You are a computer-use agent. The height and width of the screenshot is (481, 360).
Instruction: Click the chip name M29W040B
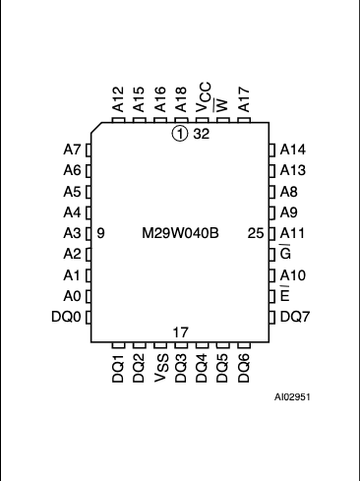(180, 233)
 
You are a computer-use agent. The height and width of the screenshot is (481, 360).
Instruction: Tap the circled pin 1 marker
(180, 134)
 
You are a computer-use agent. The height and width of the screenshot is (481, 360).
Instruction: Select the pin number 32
(201, 134)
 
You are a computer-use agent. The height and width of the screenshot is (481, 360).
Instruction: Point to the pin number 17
(180, 332)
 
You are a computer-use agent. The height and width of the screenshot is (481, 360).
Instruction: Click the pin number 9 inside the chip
(101, 233)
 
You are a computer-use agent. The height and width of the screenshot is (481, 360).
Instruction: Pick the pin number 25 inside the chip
(256, 233)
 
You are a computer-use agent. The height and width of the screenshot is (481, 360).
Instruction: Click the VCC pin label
(204, 97)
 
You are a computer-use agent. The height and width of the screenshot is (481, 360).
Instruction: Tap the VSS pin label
(161, 368)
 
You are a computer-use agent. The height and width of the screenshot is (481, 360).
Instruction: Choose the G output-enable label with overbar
(285, 253)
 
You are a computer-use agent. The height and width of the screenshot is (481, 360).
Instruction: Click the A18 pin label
(181, 99)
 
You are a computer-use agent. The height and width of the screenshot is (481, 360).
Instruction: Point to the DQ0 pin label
(66, 317)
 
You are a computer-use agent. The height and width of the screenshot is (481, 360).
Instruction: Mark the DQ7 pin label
(295, 317)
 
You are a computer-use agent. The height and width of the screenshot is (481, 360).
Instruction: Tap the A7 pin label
(72, 150)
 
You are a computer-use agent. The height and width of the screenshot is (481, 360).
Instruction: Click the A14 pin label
(293, 150)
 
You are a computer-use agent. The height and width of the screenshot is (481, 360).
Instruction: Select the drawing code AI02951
(292, 397)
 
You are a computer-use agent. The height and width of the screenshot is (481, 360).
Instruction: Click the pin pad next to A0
(89, 296)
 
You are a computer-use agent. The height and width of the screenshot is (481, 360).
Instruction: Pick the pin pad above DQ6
(244, 345)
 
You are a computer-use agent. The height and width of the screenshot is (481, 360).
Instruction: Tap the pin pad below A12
(118, 120)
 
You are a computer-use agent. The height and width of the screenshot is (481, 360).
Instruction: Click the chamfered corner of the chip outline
(96, 128)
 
